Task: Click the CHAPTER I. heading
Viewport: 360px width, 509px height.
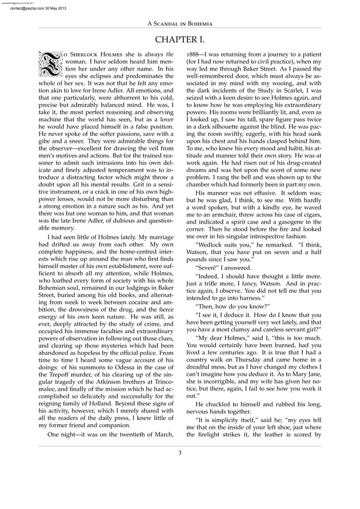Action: [x=179, y=40]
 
